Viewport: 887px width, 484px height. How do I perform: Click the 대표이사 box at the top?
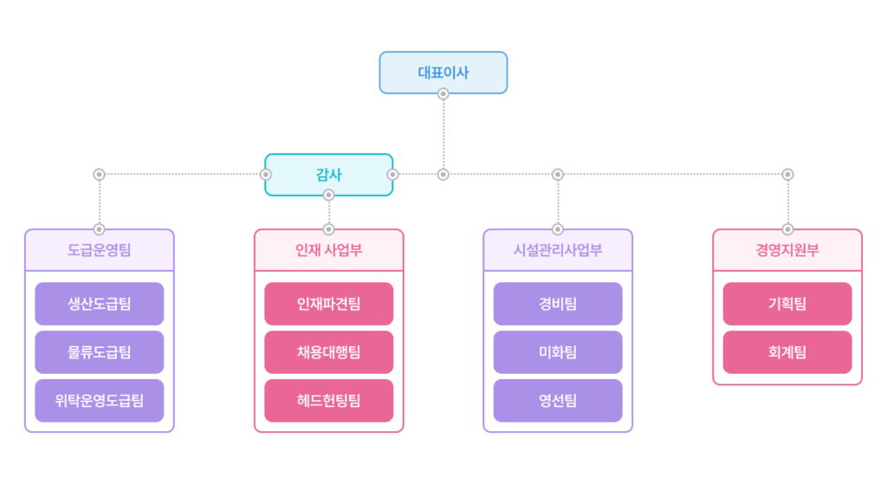[443, 73]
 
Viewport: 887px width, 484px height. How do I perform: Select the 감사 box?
[328, 175]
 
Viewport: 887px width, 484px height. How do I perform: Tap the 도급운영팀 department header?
[99, 251]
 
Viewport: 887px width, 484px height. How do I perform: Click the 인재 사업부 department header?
[328, 251]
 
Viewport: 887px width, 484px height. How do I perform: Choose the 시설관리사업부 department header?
[558, 251]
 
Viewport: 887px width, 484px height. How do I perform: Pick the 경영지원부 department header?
[787, 251]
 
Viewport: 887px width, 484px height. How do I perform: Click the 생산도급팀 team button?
[99, 304]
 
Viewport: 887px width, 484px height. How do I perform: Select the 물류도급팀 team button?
[99, 352]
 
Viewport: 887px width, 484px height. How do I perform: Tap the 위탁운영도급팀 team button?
[99, 400]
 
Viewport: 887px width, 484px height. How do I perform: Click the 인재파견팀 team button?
[328, 304]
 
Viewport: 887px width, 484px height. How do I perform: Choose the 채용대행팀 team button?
[328, 352]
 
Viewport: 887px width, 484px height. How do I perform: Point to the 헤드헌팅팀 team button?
[328, 400]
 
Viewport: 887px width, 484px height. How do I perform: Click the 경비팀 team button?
[558, 304]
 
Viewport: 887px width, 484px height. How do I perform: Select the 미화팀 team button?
[558, 352]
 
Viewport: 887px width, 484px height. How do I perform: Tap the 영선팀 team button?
[558, 400]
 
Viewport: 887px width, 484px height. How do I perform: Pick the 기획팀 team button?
[787, 304]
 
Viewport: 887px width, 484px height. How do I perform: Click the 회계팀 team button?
[787, 352]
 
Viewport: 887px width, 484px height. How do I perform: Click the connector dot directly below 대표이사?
[443, 95]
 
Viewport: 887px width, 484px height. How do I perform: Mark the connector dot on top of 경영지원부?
[787, 229]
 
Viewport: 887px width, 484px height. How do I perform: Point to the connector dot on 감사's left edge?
[266, 175]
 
